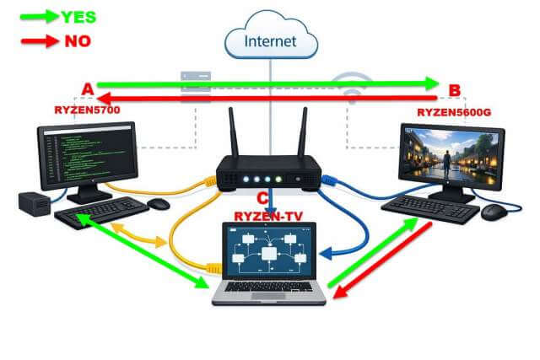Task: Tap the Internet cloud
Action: point(269,40)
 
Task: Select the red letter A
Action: point(87,89)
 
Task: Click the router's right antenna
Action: point(300,135)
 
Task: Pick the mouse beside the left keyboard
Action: point(158,204)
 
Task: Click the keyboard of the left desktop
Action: point(101,212)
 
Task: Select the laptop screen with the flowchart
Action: point(268,253)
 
